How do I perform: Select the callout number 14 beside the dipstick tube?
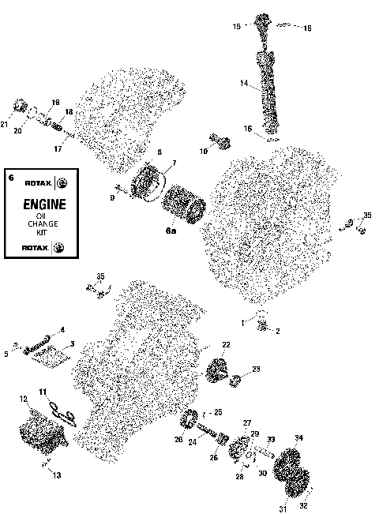244,83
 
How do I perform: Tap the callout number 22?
226,345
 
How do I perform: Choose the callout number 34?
298,437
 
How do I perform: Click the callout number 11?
43,392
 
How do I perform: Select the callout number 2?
277,331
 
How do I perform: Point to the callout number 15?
236,27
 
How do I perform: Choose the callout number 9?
112,197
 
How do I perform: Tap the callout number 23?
255,369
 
